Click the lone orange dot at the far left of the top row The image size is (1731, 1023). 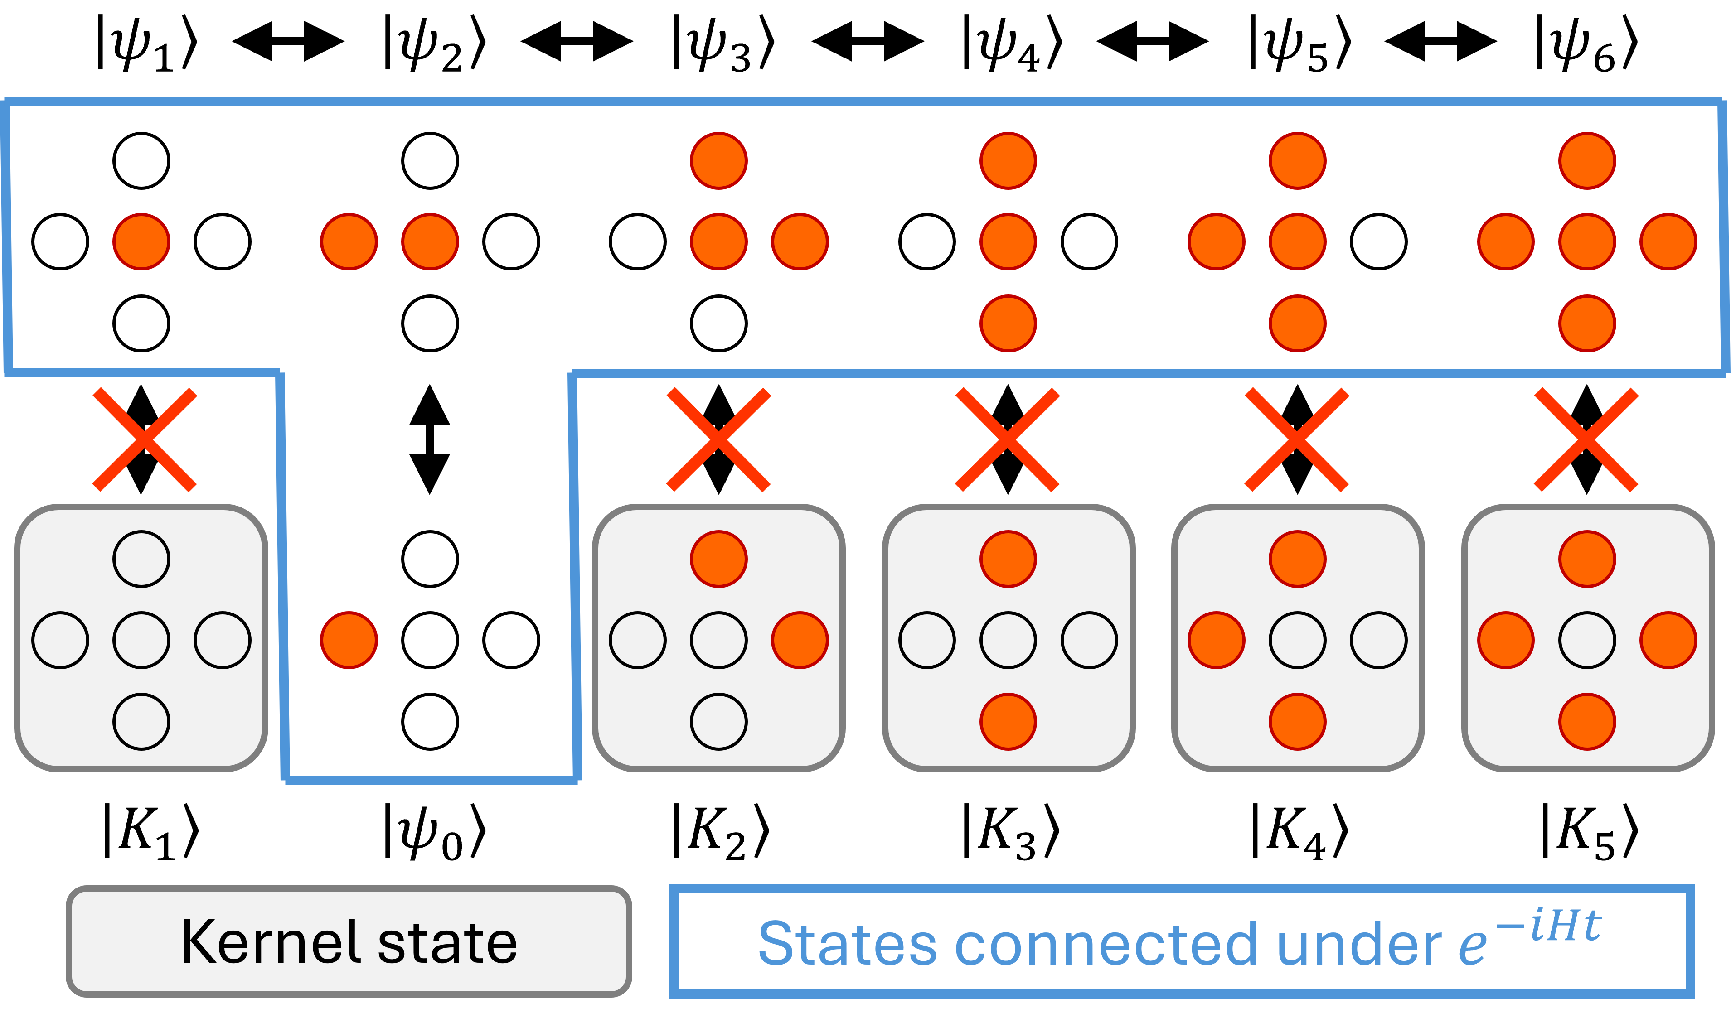tap(141, 241)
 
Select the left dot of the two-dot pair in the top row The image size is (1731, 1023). tap(349, 241)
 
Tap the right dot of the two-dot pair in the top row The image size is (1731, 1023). tap(430, 241)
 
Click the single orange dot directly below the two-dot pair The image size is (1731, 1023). tap(349, 640)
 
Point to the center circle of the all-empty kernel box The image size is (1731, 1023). tap(141, 640)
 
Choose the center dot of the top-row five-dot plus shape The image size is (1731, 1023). tap(1587, 241)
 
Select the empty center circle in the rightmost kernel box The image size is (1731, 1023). tap(1587, 640)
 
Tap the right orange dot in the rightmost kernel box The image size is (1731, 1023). tap(1668, 640)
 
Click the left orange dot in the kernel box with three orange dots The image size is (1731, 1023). tap(1217, 640)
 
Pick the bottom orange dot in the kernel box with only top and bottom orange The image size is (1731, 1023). tap(1008, 721)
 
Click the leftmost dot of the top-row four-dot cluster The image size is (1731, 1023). tap(1217, 241)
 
